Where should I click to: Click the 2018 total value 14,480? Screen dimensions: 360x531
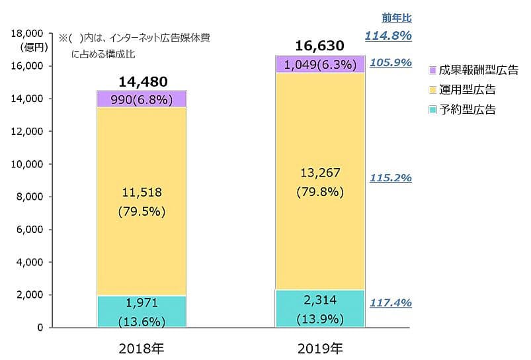coord(143,81)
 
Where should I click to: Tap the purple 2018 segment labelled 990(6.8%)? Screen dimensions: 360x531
coord(142,99)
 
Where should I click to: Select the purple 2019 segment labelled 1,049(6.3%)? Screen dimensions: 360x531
coord(319,64)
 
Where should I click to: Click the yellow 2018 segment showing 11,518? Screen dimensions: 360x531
coord(142,202)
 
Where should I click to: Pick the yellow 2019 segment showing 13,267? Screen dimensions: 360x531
coord(319,182)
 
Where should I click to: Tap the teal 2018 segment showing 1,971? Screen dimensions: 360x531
coord(142,311)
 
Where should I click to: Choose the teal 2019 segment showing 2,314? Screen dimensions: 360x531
coord(319,308)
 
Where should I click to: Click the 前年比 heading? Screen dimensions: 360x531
coord(397,18)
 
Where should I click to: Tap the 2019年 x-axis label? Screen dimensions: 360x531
coord(319,347)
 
